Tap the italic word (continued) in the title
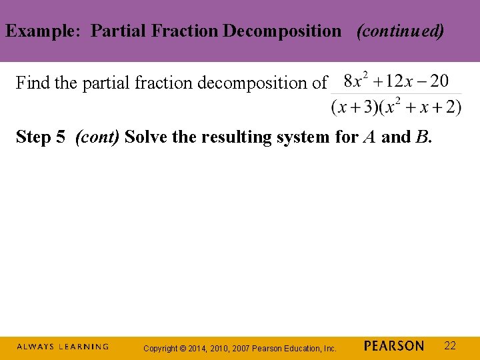click(400, 31)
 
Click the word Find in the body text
click(30, 83)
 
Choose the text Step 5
click(40, 137)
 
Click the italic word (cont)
click(97, 137)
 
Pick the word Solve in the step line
click(145, 137)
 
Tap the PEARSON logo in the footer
click(394, 346)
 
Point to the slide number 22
click(450, 345)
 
